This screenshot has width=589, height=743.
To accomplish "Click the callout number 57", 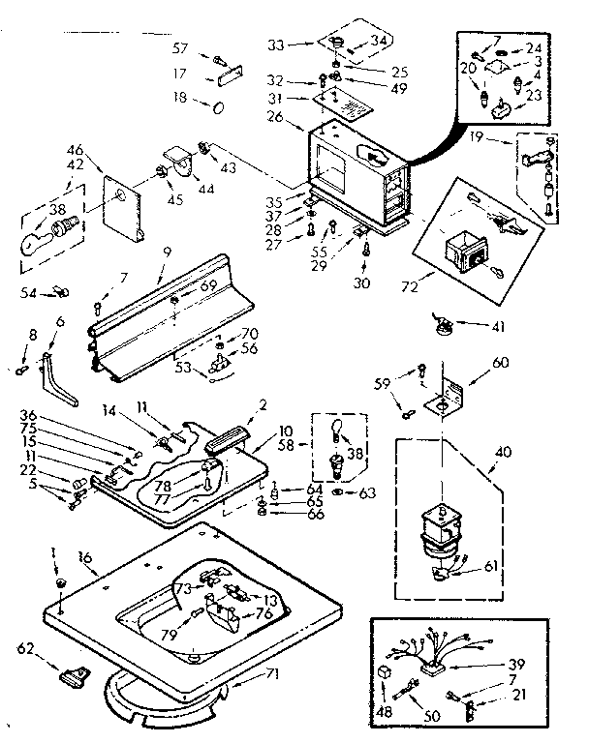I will coord(180,47).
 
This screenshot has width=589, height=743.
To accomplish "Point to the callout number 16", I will coord(85,558).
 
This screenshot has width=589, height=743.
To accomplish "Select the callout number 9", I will coord(166,253).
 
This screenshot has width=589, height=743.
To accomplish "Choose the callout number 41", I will coord(499,327).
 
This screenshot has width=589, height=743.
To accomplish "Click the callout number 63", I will coord(366,492).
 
